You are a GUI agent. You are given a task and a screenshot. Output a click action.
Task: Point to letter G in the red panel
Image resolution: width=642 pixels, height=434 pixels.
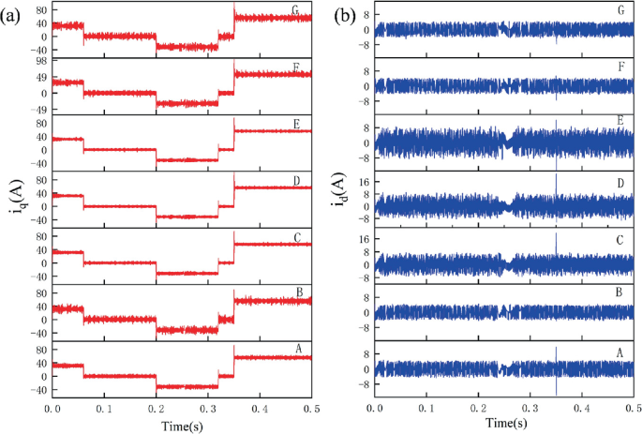[295, 11]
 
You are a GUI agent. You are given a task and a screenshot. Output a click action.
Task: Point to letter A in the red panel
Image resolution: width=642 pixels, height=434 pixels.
[295, 349]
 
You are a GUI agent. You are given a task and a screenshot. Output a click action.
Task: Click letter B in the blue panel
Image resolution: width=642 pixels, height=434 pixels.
[620, 292]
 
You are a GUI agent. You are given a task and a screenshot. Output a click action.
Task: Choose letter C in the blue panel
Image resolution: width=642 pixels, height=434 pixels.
[620, 236]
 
